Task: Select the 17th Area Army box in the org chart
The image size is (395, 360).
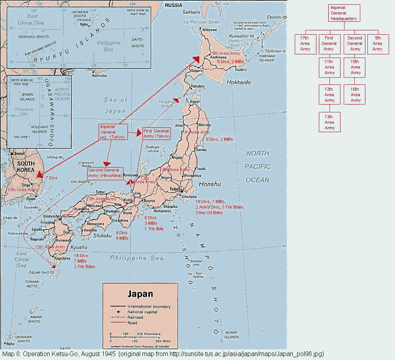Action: tap(305, 43)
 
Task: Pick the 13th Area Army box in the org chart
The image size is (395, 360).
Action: tap(329, 122)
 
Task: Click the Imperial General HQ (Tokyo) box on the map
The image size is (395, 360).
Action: tap(113, 132)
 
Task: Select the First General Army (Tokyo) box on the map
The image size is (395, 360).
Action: tap(156, 133)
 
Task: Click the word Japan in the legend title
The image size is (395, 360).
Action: tap(140, 294)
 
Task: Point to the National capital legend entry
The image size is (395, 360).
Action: tap(142, 312)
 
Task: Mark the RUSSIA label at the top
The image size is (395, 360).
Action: tap(174, 5)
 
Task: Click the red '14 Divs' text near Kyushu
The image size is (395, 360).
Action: tap(81, 256)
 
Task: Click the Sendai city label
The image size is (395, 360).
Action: tap(201, 150)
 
